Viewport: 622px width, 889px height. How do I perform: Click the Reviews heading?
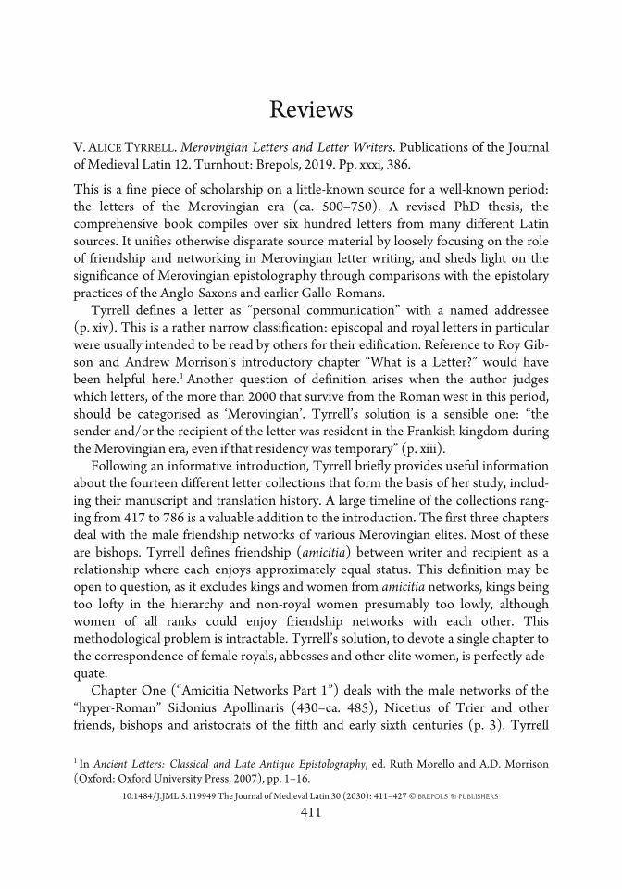click(311, 110)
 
